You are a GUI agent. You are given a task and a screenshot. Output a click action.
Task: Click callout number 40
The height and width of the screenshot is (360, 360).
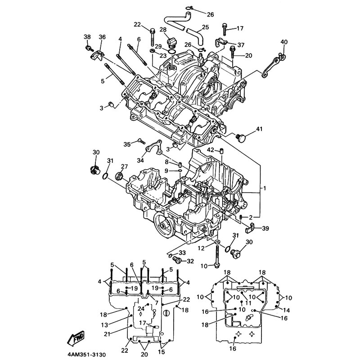click(x=283, y=42)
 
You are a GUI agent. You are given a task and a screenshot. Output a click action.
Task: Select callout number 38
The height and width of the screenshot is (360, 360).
click(x=87, y=36)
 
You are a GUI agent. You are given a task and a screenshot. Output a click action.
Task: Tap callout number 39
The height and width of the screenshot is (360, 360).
click(x=265, y=229)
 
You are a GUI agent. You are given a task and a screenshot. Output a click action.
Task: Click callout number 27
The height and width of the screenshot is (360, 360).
click(x=124, y=166)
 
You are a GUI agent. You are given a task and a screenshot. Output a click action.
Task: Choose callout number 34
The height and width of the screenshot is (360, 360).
click(x=140, y=160)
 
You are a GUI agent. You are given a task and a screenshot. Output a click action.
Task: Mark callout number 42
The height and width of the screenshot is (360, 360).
click(x=211, y=149)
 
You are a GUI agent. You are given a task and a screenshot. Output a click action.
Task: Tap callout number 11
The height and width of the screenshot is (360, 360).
click(x=248, y=303)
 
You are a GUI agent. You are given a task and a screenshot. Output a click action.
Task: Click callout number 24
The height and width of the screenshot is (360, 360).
click(x=141, y=308)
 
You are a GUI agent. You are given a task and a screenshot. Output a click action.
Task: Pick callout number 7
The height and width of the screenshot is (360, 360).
click(x=156, y=302)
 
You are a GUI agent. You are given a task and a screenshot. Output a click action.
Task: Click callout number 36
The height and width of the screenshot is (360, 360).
click(x=102, y=36)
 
